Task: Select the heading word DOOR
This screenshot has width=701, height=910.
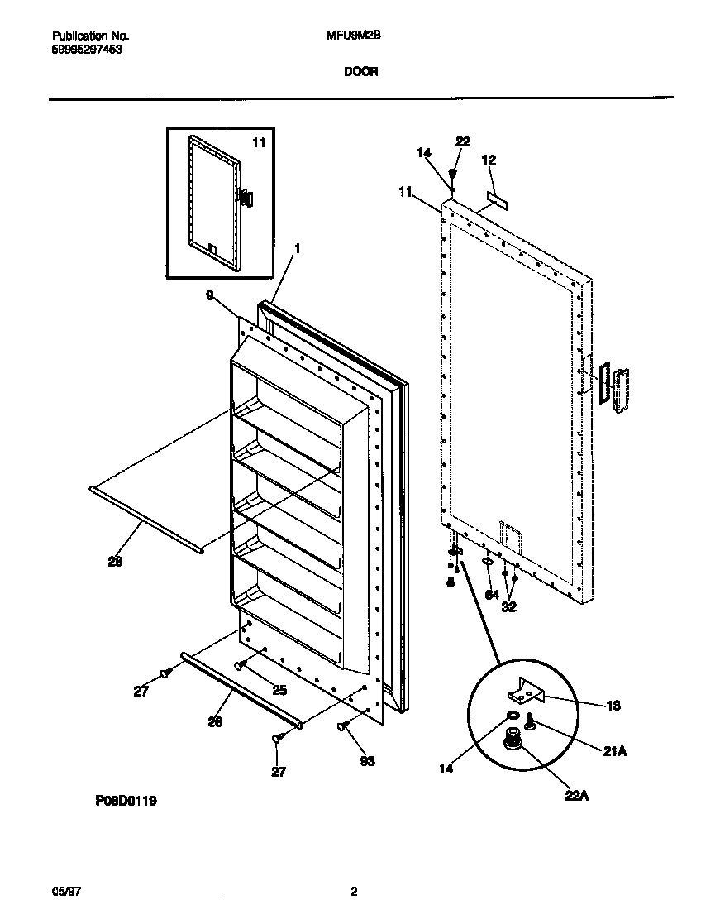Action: tap(360, 72)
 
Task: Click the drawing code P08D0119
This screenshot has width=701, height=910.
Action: tap(120, 801)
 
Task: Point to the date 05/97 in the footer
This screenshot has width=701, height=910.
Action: tap(64, 891)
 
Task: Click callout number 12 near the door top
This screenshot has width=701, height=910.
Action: tap(489, 160)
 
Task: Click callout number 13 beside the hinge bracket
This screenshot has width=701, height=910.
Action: tap(613, 706)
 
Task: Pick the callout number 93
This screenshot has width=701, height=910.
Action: tap(367, 761)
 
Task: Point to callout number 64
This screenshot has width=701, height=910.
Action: tap(491, 593)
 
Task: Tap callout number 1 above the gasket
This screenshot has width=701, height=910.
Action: tap(297, 248)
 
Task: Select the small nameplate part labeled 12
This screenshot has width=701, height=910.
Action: tap(498, 199)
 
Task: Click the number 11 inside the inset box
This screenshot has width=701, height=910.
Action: tap(259, 142)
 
